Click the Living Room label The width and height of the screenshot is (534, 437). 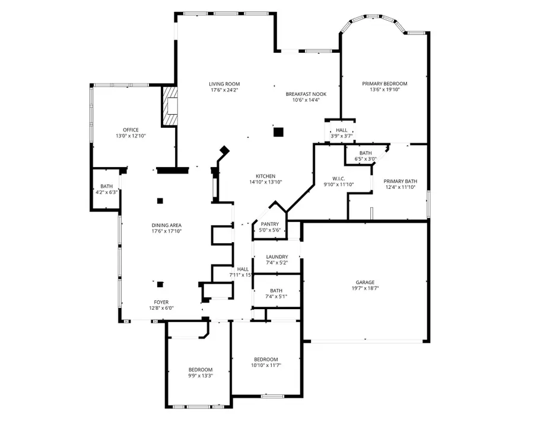pyautogui.click(x=224, y=84)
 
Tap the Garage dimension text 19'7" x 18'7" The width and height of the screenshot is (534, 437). pyautogui.click(x=365, y=290)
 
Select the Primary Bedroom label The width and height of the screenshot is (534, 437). pyautogui.click(x=384, y=84)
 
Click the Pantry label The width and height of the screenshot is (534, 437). pyautogui.click(x=269, y=224)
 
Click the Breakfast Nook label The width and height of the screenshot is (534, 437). pyautogui.click(x=306, y=94)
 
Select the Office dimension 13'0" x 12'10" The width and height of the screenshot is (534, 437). pyautogui.click(x=131, y=136)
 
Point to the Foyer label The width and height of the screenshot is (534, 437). pyautogui.click(x=161, y=301)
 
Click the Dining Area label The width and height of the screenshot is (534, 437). pyautogui.click(x=166, y=225)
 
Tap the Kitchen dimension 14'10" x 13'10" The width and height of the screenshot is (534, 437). pyautogui.click(x=265, y=182)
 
